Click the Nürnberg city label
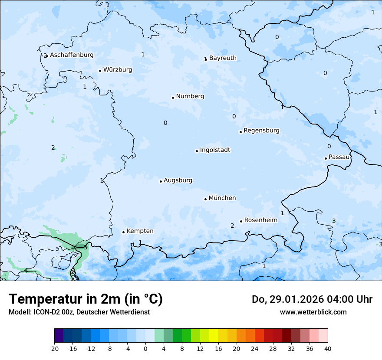pyautogui.click(x=190, y=96)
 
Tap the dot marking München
pyautogui.click(x=205, y=199)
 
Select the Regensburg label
pyautogui.click(x=261, y=131)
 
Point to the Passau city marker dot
pyautogui.click(x=326, y=158)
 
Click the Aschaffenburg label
pyautogui.click(x=72, y=55)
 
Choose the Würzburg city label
pyautogui.click(x=118, y=70)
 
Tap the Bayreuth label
pyautogui.click(x=223, y=58)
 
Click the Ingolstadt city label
pyautogui.click(x=215, y=150)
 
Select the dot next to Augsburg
pyautogui.click(x=161, y=181)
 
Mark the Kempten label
pyautogui.click(x=140, y=231)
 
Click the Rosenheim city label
pyautogui.click(x=260, y=220)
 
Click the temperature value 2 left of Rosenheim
pyautogui.click(x=232, y=226)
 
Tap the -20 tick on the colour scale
pyautogui.click(x=54, y=348)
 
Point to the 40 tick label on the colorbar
pyautogui.click(x=328, y=348)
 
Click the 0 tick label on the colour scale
pyautogui.click(x=145, y=348)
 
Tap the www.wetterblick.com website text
pyautogui.click(x=313, y=312)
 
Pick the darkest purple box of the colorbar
pyautogui.click(x=59, y=336)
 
